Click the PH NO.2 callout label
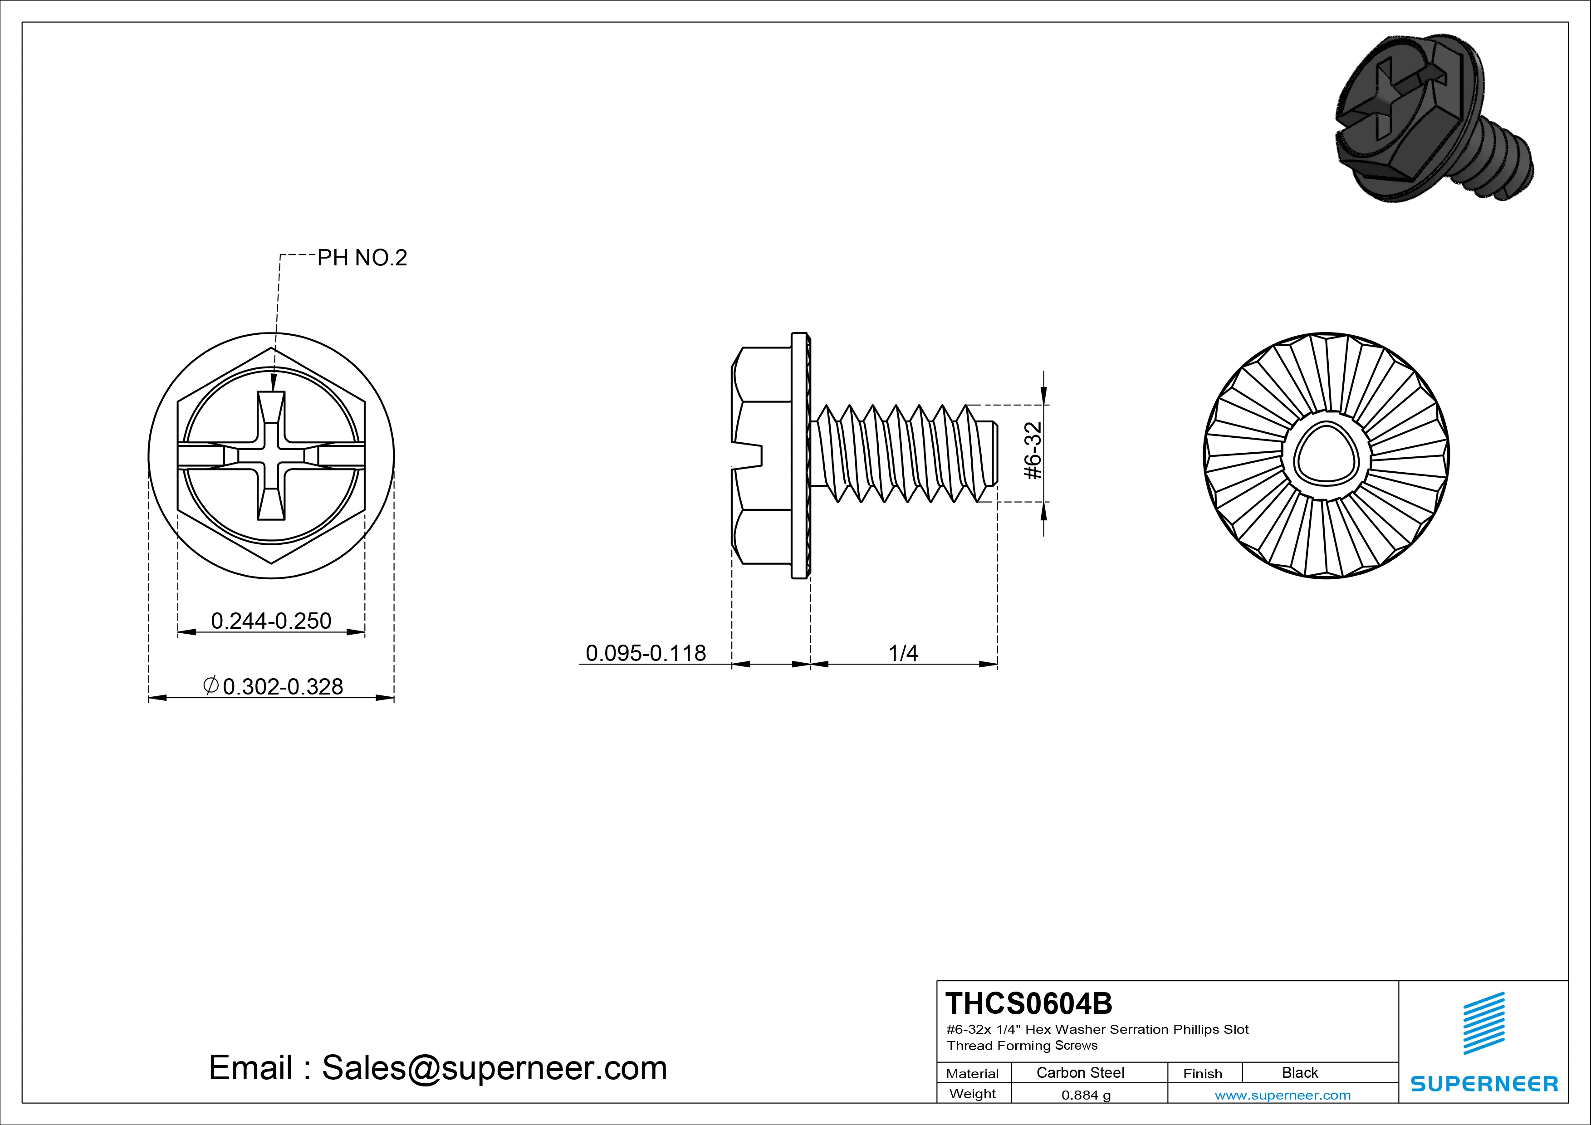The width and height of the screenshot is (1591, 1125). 362,259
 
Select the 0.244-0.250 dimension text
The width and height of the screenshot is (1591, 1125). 271,621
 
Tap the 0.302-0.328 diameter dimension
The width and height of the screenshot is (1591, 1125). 274,686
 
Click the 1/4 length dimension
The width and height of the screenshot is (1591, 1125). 903,653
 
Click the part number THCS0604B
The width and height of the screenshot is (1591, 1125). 1028,1003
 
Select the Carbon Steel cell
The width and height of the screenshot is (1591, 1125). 1080,1073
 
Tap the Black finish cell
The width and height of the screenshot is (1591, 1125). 1299,1073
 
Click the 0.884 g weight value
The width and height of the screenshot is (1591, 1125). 1086,1095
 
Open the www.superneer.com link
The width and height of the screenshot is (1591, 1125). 1282,1095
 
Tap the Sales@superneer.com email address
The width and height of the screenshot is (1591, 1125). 494,1068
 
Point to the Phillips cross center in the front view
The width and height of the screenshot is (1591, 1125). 271,456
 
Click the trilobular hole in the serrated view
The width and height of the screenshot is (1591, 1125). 1326,456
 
